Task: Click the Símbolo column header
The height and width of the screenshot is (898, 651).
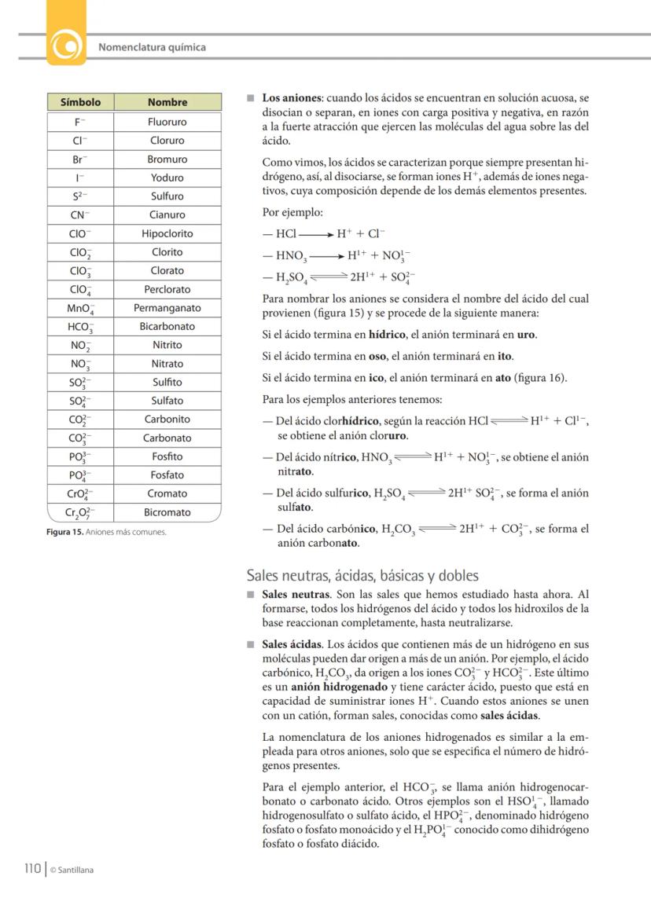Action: [x=80, y=102]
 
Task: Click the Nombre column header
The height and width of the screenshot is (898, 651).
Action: [x=167, y=102]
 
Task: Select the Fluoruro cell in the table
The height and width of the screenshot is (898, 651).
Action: [x=167, y=122]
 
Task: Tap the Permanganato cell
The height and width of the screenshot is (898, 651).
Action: [x=167, y=308]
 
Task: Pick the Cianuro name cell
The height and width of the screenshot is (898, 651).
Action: [x=167, y=214]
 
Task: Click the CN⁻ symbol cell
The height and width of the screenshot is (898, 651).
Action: [x=80, y=214]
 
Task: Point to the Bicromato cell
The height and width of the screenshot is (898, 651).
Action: [x=167, y=512]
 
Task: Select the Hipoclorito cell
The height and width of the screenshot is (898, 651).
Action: [x=167, y=233]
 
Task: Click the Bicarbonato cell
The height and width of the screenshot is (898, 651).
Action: [x=167, y=326]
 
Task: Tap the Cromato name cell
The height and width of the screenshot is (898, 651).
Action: [x=167, y=493]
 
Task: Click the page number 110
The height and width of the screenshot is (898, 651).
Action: [x=31, y=868]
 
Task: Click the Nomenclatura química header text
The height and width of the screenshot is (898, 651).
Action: [x=152, y=47]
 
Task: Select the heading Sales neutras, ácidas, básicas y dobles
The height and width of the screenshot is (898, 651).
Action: [x=362, y=576]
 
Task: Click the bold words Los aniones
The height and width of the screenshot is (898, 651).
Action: [x=292, y=99]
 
